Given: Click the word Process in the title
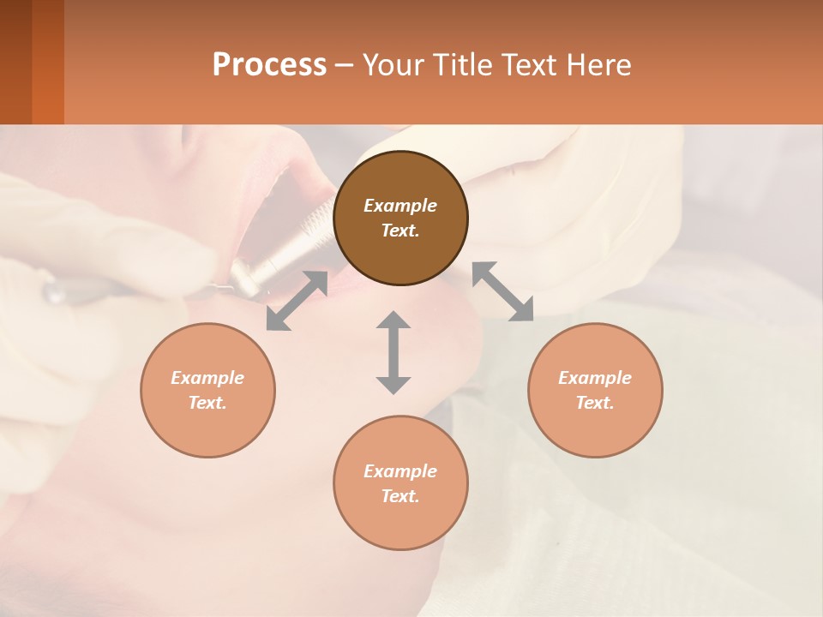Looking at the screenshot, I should pyautogui.click(x=269, y=65).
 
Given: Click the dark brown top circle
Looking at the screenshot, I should pyautogui.click(x=400, y=249).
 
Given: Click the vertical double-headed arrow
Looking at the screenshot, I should pyautogui.click(x=393, y=352).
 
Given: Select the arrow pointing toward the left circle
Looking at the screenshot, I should pyautogui.click(x=297, y=301).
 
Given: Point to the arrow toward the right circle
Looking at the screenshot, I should pyautogui.click(x=502, y=291).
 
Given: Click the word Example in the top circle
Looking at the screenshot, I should pyautogui.click(x=400, y=206).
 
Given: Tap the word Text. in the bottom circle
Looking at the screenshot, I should pyautogui.click(x=400, y=496).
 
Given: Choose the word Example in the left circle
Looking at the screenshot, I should pyautogui.click(x=207, y=378).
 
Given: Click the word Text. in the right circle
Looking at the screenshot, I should pyautogui.click(x=595, y=403).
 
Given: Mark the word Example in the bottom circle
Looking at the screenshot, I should pyautogui.click(x=400, y=471).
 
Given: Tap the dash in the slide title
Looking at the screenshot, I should pyautogui.click(x=344, y=65).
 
